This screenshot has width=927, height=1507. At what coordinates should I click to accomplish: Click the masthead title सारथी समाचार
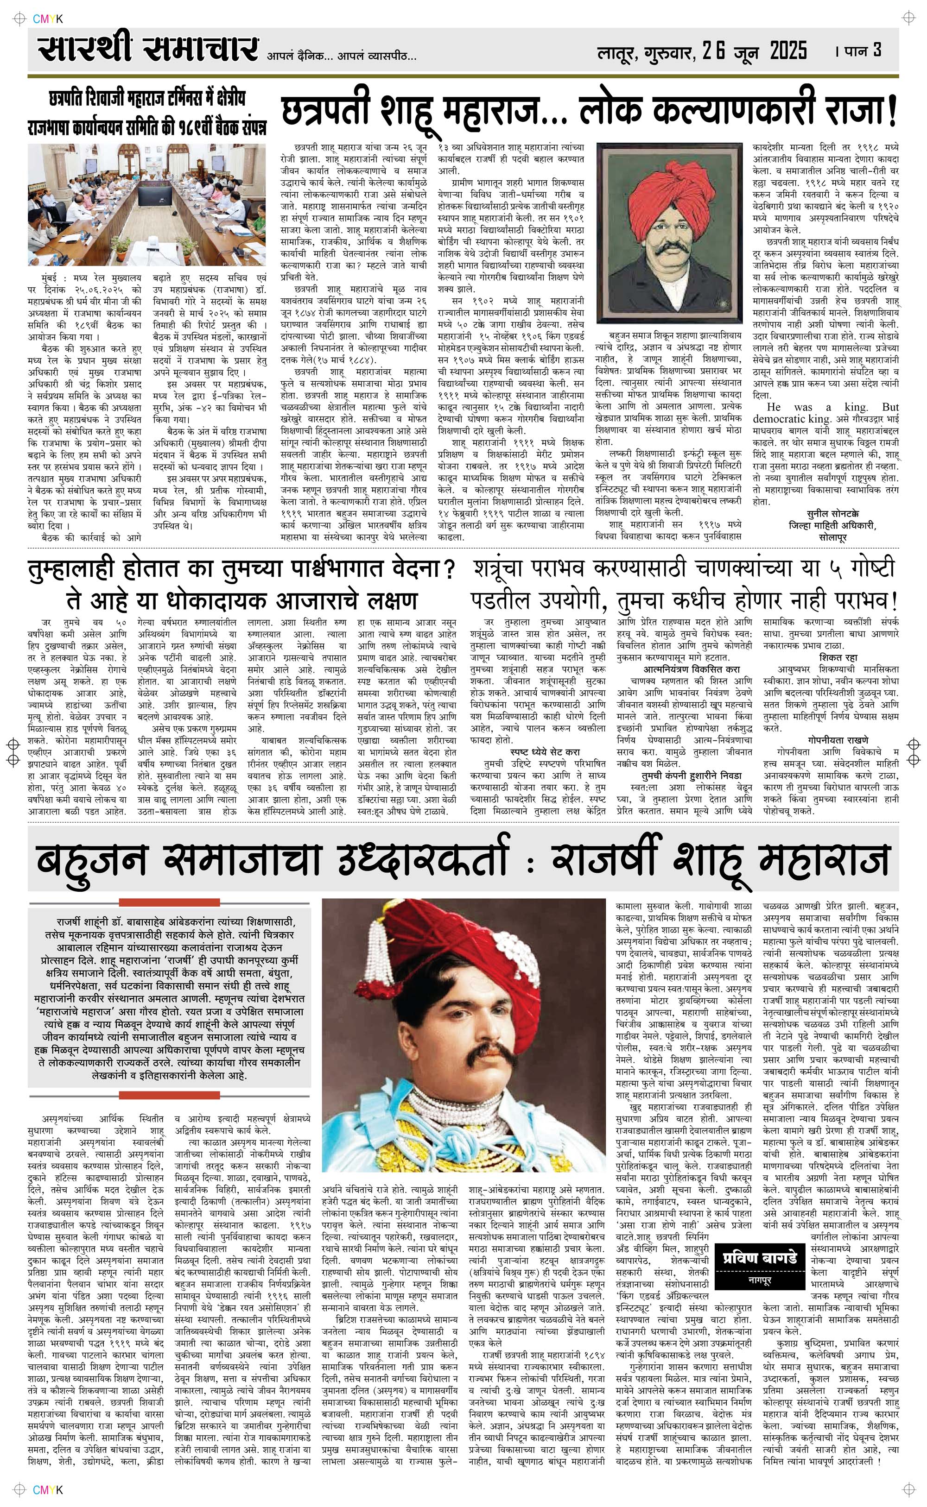[x=147, y=49]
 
